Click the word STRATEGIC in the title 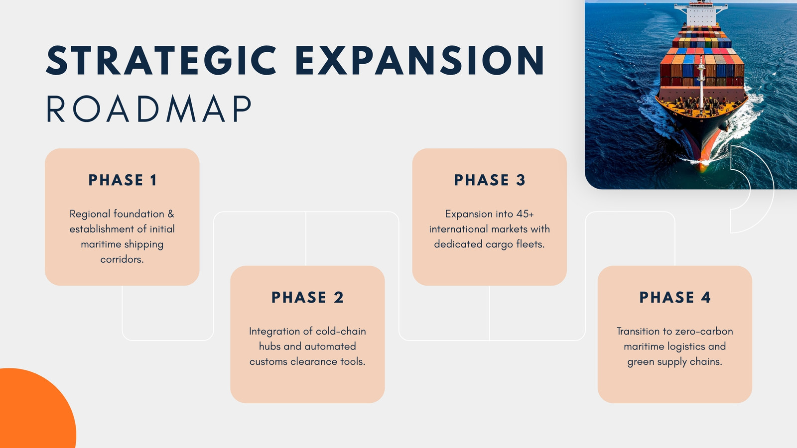click(x=161, y=60)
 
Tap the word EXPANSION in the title click(x=420, y=60)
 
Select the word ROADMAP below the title click(x=149, y=109)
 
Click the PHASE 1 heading click(x=123, y=180)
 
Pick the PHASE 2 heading click(x=307, y=297)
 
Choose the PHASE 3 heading click(x=490, y=180)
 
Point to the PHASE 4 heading click(x=675, y=297)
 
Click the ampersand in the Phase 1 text click(x=171, y=214)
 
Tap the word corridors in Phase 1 click(x=122, y=259)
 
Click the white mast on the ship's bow click(x=701, y=84)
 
